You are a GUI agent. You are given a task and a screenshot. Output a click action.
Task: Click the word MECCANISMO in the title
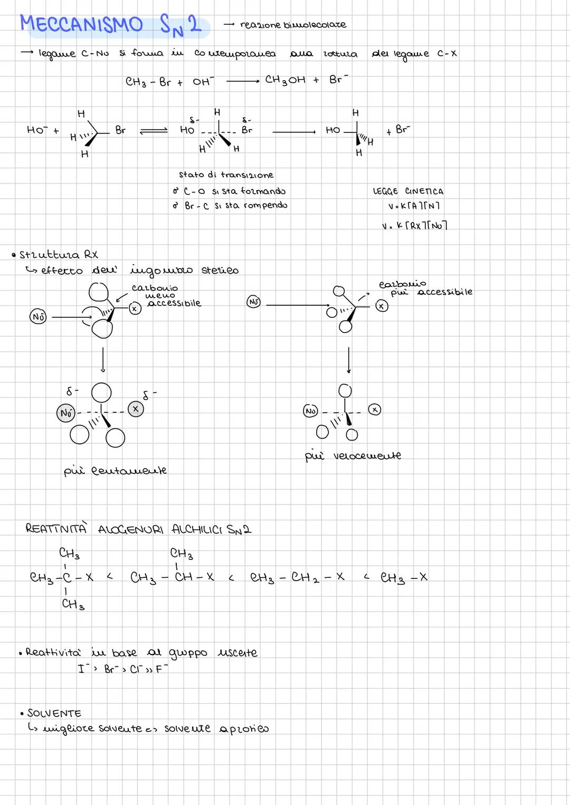point(81,24)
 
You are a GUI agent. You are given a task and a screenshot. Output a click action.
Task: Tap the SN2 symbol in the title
point(180,25)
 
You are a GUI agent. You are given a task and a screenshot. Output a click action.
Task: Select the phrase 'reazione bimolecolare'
point(293,25)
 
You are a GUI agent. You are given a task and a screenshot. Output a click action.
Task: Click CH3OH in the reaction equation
point(285,80)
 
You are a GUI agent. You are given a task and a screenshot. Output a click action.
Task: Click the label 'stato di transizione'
point(226,174)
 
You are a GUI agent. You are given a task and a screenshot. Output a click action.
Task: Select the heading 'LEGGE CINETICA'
point(408,191)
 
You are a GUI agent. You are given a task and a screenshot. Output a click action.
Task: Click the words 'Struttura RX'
point(58,255)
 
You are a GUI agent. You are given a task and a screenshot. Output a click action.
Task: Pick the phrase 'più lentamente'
point(115,470)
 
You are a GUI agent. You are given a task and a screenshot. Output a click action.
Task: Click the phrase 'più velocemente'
point(353,455)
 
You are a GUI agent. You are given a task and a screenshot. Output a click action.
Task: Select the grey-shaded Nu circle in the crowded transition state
point(66,413)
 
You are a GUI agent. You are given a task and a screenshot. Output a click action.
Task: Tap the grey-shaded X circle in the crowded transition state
point(136,409)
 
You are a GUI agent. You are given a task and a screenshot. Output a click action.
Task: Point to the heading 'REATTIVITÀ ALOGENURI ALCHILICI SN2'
point(138,529)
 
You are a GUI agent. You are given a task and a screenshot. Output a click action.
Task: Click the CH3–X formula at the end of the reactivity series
point(404,578)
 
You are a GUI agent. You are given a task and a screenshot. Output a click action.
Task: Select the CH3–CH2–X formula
point(297,578)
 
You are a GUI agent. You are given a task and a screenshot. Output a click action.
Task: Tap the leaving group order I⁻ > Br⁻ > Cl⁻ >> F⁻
point(122,670)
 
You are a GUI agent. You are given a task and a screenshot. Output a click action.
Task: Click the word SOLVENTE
point(54,713)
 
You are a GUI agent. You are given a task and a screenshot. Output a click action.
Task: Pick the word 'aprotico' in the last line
point(244,729)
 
